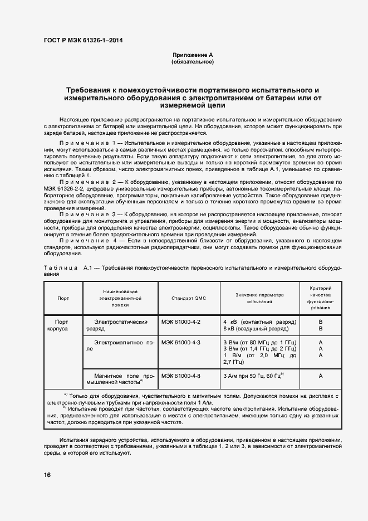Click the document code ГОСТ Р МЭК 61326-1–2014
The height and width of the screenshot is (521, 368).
[83, 41]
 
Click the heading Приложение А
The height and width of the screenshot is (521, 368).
[193, 55]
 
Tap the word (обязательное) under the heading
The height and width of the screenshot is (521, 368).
[193, 62]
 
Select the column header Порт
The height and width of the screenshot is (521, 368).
[63, 298]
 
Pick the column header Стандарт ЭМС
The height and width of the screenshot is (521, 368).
[189, 298]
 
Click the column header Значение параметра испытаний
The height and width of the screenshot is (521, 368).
[259, 298]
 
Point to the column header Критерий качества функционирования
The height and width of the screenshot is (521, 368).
[320, 298]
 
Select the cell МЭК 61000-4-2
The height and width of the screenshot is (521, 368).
[181, 322]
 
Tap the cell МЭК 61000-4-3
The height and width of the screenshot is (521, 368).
[181, 342]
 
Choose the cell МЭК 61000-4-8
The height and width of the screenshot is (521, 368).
[181, 376]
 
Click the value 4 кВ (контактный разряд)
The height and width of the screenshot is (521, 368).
[259, 322]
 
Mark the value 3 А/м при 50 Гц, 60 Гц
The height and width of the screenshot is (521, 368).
[253, 376]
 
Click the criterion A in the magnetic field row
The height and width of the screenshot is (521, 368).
[320, 376]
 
